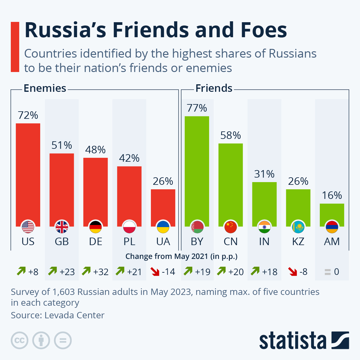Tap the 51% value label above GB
pos(62,145)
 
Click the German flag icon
pos(95,227)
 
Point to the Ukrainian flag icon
pos(163,227)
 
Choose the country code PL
pos(129,241)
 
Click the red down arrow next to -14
pos(155,272)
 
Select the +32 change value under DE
pos(101,272)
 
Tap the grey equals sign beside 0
pos(328,272)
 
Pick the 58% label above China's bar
pos(230,136)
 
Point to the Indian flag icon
pos(264,227)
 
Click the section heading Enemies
pos(45,88)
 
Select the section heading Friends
pos(214,88)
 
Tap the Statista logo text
pos(293,340)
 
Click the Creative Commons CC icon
pos(19,340)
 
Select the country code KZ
pos(298,241)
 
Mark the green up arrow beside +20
pos(221,271)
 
